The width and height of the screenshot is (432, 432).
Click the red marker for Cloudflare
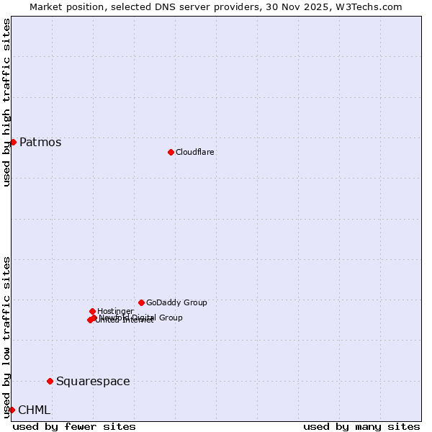pyautogui.click(x=171, y=152)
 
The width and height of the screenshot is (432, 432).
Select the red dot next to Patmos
pyautogui.click(x=13, y=142)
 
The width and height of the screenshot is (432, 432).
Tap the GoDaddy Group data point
pyautogui.click(x=141, y=302)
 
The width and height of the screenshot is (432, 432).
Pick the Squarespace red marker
pyautogui.click(x=50, y=381)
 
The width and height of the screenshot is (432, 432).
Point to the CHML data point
pyautogui.click(x=12, y=410)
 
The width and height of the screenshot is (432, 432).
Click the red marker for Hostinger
pyautogui.click(x=92, y=311)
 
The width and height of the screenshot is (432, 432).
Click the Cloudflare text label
pyautogui.click(x=194, y=152)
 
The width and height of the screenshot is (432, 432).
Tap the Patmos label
pyautogui.click(x=40, y=142)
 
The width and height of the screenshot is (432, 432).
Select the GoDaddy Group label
pyautogui.click(x=176, y=302)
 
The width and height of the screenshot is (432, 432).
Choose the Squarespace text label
pyautogui.click(x=93, y=381)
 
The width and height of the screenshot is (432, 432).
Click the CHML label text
pyautogui.click(x=34, y=410)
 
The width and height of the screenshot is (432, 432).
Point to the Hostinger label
pyautogui.click(x=115, y=311)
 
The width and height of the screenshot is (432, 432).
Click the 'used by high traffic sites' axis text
pyautogui.click(x=6, y=102)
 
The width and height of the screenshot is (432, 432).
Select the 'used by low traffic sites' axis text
pyautogui.click(x=6, y=336)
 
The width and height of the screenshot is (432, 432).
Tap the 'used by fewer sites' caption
pyautogui.click(x=74, y=426)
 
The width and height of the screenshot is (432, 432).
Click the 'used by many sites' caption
pyautogui.click(x=361, y=426)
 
